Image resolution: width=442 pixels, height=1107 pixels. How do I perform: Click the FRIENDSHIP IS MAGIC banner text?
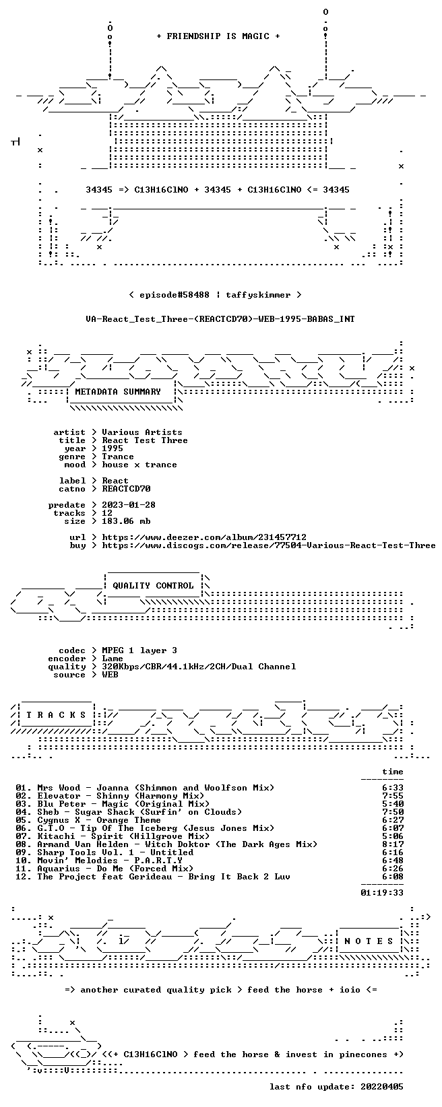[218, 36]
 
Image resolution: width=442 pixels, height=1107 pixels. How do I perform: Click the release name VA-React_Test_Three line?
[220, 319]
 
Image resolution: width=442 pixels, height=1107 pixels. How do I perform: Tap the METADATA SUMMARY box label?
[118, 392]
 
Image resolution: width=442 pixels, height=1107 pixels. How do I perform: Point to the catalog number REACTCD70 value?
[126, 489]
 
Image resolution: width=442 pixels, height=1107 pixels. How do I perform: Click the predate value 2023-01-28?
[129, 505]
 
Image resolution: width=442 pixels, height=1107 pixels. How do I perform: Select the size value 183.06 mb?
[126, 521]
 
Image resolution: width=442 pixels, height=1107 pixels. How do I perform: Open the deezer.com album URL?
[204, 537]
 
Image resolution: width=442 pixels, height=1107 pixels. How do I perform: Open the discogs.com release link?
[268, 545]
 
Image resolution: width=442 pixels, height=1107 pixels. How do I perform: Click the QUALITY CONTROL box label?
[153, 586]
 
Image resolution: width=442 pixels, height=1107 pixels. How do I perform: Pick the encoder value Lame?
[113, 659]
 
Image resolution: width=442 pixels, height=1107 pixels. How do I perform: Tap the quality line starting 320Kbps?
[199, 667]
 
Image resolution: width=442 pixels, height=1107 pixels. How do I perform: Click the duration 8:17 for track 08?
[393, 844]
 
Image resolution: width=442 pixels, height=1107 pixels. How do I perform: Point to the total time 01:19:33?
[381, 893]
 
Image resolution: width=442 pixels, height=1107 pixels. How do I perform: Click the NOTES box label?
[369, 941]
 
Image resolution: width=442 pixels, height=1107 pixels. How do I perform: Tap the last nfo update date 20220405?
[381, 1087]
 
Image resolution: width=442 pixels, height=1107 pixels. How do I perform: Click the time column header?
[393, 772]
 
